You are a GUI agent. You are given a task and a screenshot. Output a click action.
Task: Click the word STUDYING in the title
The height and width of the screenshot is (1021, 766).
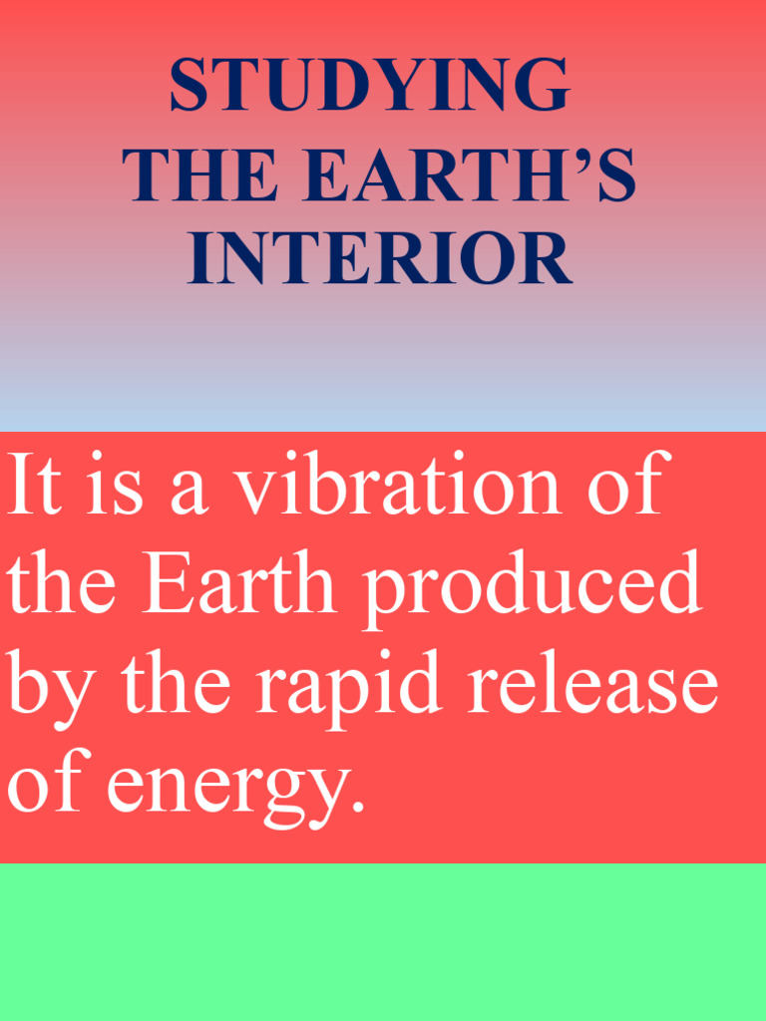[x=369, y=87]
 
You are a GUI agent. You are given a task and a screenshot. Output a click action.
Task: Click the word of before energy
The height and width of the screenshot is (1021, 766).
[x=46, y=785]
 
